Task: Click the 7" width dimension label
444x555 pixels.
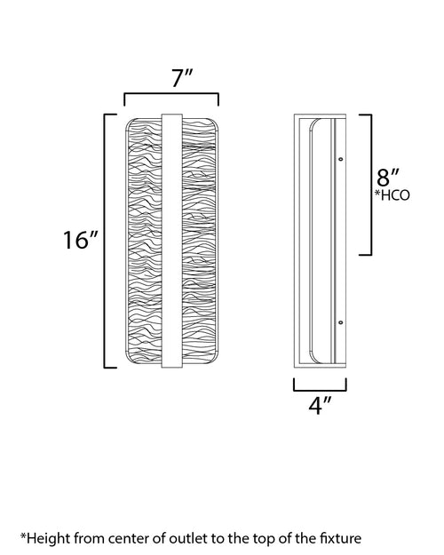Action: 182,78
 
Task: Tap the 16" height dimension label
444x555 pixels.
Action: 81,240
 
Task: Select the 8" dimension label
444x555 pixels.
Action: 388,177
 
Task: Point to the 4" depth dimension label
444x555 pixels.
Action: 320,406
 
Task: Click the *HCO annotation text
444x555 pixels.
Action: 392,195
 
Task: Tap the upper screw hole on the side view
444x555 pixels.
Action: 341,159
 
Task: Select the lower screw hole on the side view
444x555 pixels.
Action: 341,322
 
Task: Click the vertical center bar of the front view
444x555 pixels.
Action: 171,241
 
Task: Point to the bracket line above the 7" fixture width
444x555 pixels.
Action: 171,94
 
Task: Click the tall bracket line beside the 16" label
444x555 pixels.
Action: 105,241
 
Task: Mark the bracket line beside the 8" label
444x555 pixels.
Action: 371,185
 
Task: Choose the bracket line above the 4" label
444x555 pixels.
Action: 320,391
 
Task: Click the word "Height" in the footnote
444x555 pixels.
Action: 49,538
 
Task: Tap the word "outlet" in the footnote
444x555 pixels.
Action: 187,538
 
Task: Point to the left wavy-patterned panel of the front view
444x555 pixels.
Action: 144,241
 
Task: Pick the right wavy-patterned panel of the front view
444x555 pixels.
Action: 200,241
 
